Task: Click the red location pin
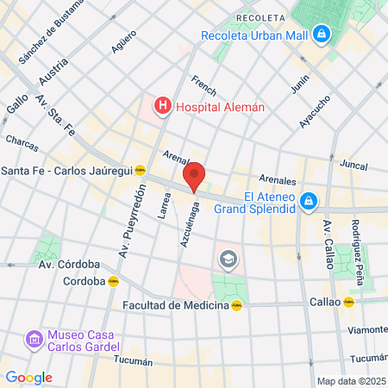coord(195,176)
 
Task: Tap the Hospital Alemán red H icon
coord(160,107)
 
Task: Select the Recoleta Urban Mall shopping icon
coord(321,35)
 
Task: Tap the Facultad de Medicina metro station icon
coord(236,304)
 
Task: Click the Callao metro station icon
coord(348,303)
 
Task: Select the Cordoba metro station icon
coord(113,281)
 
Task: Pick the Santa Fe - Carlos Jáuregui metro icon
coord(151,170)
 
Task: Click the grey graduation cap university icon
coord(228,258)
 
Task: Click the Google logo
coord(28,378)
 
